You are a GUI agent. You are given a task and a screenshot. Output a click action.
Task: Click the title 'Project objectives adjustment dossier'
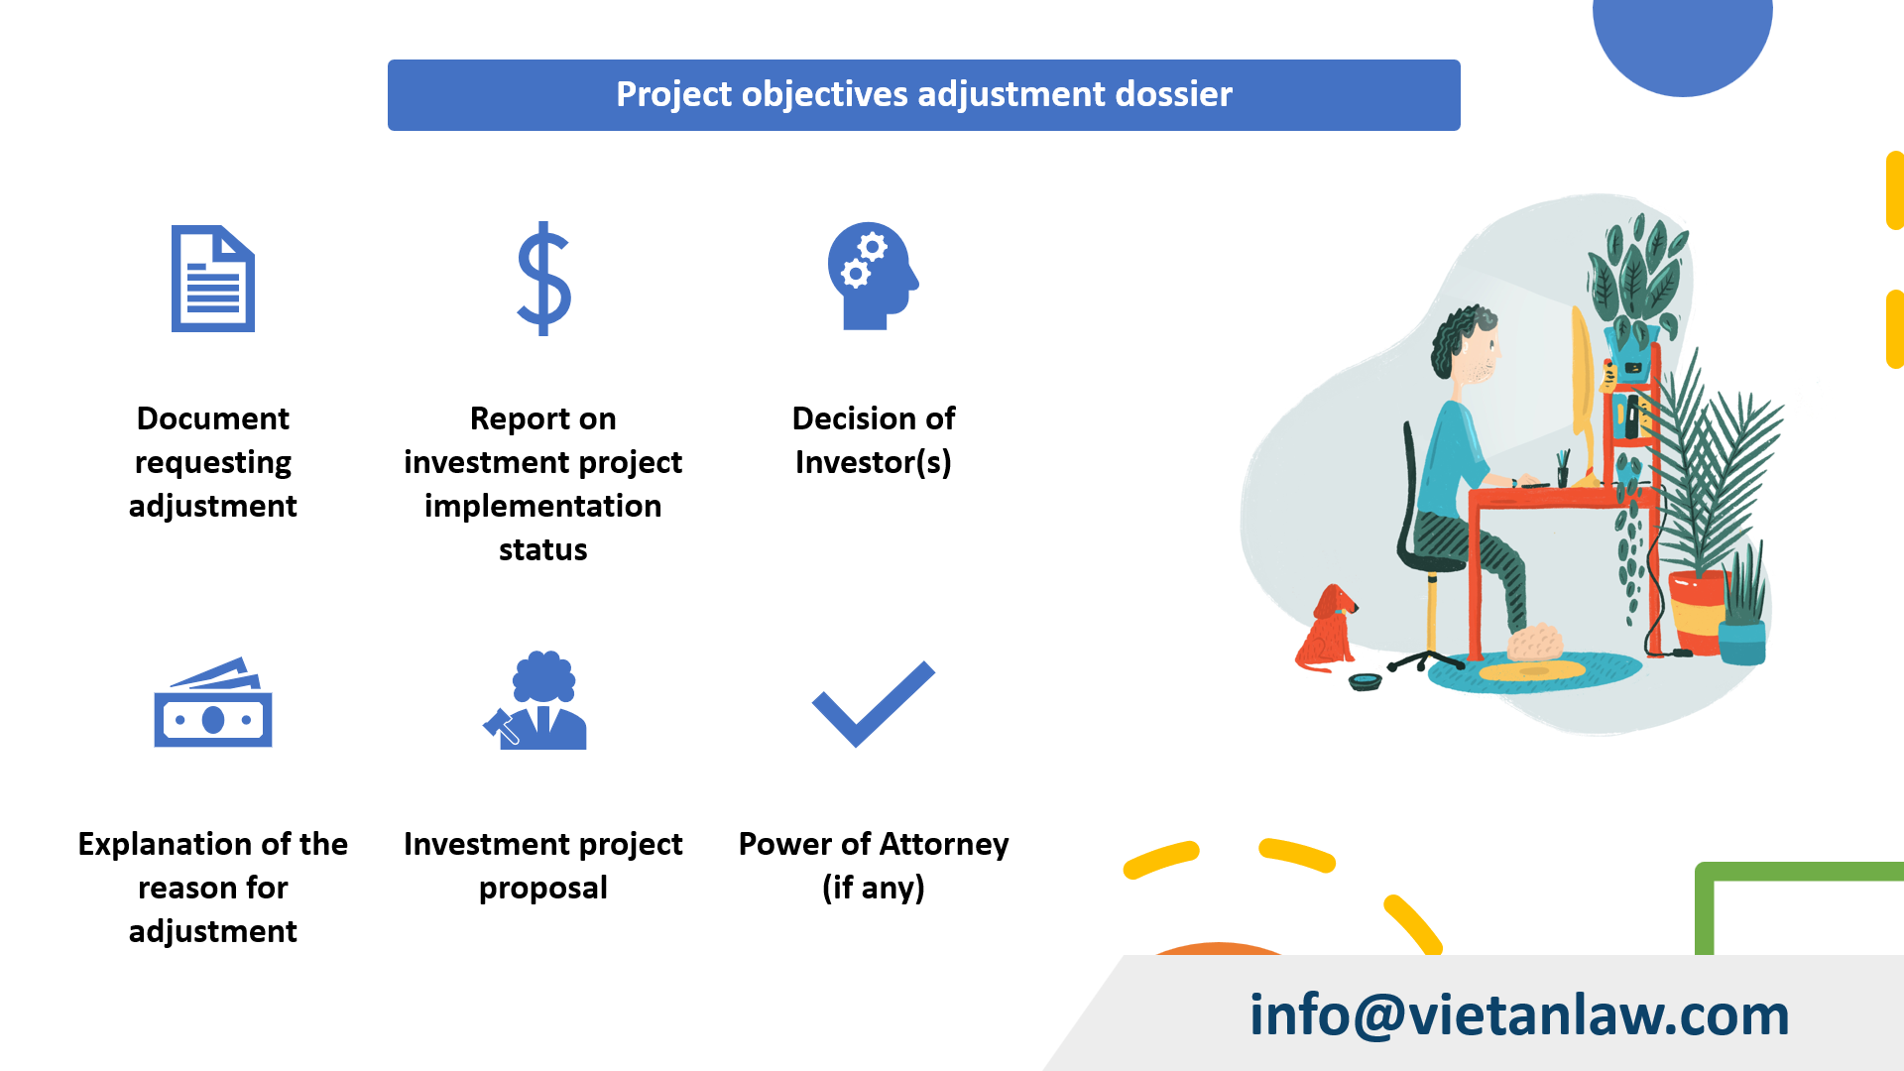[923, 94]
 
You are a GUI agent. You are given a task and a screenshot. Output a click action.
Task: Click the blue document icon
[212, 279]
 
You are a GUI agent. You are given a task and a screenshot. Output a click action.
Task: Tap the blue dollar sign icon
[543, 279]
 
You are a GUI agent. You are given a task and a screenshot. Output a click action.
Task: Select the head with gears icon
[872, 276]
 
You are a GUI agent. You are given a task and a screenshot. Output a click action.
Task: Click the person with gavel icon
[536, 701]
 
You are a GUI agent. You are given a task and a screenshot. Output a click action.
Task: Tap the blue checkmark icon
[873, 703]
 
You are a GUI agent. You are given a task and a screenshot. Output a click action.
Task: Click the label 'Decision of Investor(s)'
[873, 440]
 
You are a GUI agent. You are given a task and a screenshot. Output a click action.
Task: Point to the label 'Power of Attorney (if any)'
[873, 865]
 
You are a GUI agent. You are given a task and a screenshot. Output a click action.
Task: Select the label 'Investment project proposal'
[542, 865]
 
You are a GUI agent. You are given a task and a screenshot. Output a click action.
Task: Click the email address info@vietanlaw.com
[1518, 1014]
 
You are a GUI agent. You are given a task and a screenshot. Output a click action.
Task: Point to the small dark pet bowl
[1366, 682]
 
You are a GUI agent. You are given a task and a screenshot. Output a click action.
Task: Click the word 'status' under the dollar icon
[542, 549]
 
